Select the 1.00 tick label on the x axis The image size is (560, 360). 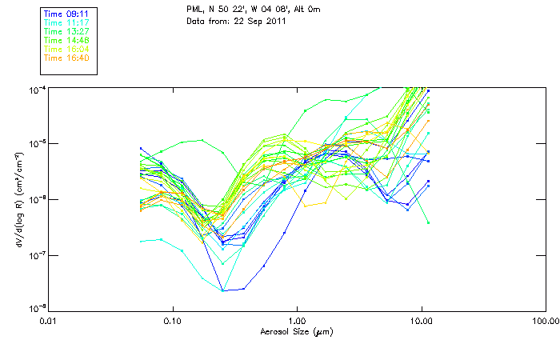point(297,322)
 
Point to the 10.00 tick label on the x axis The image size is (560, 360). point(421,322)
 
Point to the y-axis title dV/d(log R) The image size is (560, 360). point(17,198)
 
